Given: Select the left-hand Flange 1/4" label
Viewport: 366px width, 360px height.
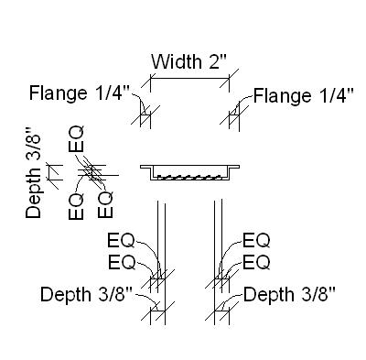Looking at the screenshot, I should pos(81,93).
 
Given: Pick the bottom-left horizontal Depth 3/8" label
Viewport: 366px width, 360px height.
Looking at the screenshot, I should pos(87,294).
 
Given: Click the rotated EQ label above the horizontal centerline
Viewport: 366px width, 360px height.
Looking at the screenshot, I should pos(78,143).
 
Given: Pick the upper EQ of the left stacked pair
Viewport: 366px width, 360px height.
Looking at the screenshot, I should pos(121,242).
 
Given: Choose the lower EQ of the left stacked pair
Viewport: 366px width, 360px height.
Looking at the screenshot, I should pos(121,263).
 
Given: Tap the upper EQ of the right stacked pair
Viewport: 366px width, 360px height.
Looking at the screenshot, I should pos(256,242).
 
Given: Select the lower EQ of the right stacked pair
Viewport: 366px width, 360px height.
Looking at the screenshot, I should pos(256,263).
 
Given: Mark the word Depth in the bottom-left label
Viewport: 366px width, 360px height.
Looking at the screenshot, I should pos(66,294).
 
